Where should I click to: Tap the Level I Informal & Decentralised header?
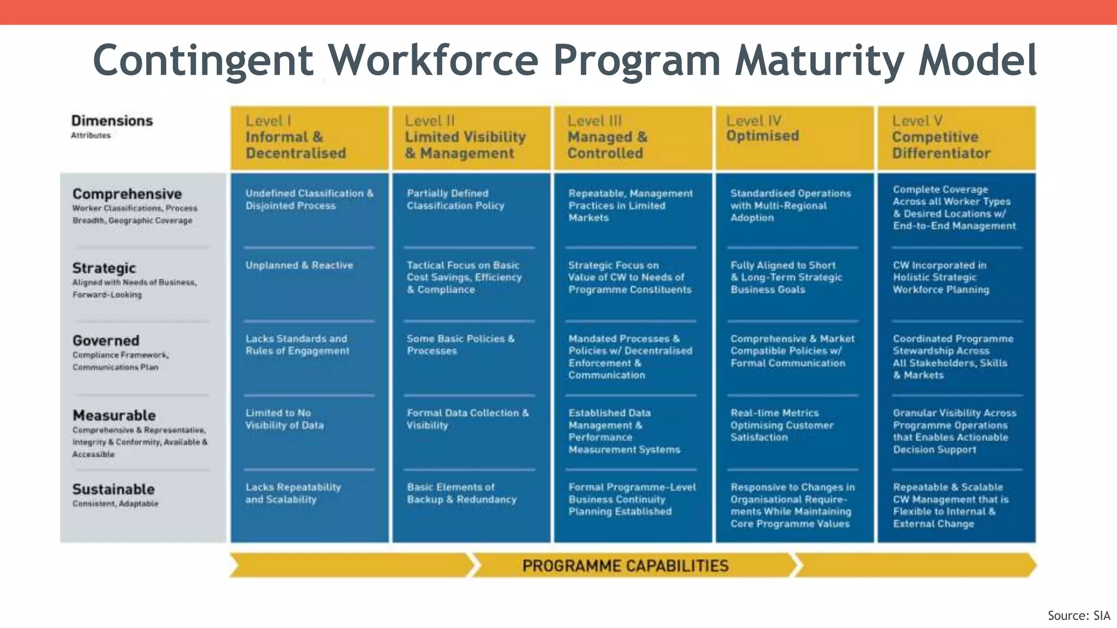click(295, 137)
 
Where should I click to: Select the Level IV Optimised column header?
click(762, 129)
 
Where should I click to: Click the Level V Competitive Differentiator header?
click(941, 137)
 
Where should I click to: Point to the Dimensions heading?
click(112, 120)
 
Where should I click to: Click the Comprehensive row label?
click(127, 194)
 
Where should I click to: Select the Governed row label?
click(106, 341)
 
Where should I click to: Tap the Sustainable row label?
click(113, 490)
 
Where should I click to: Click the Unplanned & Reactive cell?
click(299, 265)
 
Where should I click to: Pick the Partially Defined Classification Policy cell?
click(455, 200)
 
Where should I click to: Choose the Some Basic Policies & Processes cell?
click(460, 345)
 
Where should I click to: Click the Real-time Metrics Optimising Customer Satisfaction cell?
click(782, 425)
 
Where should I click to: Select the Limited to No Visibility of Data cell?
click(284, 419)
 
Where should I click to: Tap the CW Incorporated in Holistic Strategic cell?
click(940, 277)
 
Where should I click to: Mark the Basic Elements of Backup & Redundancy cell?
click(461, 493)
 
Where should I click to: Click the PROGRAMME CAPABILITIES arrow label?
click(625, 566)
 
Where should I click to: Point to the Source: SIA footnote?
click(1078, 615)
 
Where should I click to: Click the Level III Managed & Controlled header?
click(606, 137)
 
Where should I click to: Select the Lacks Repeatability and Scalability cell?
click(293, 493)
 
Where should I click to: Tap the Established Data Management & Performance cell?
click(624, 431)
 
